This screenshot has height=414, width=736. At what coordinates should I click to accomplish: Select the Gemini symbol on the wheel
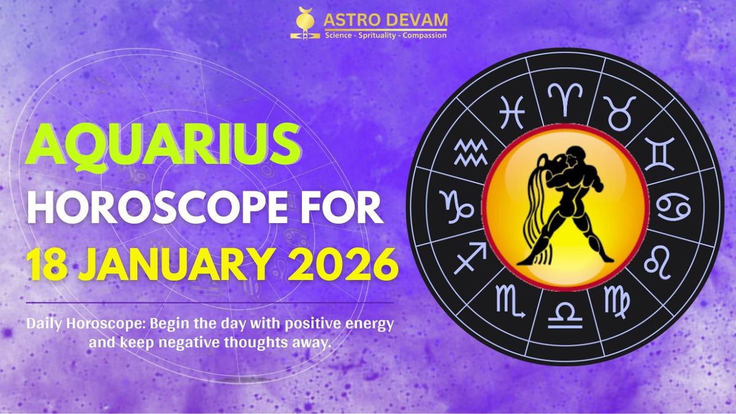(659, 154)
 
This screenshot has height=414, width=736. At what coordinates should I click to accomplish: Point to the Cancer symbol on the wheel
(673, 207)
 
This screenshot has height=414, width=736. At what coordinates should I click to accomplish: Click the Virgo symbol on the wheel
(617, 302)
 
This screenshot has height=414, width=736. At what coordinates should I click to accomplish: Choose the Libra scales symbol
(565, 316)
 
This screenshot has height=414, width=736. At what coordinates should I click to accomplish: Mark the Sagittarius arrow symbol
(470, 258)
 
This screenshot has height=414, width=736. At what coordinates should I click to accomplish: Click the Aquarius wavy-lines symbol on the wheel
(470, 152)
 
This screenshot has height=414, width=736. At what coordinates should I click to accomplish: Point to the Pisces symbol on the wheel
(512, 112)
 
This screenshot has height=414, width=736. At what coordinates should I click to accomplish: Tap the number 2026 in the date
(343, 264)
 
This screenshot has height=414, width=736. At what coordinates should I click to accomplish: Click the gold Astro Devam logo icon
(305, 23)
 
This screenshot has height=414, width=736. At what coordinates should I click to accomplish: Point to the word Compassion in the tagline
(424, 36)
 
